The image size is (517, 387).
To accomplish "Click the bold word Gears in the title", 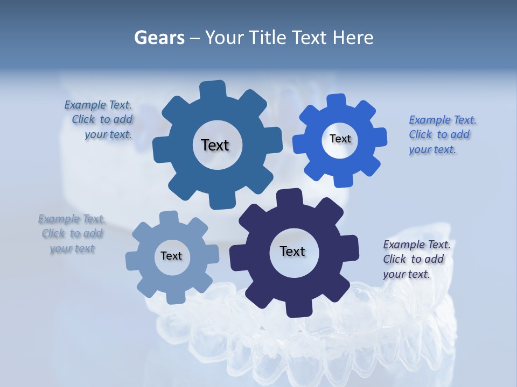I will click(159, 38).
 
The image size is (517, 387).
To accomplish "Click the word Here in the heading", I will click(353, 38).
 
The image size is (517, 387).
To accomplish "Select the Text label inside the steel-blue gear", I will click(215, 145).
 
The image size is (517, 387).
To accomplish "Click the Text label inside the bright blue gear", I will click(340, 139).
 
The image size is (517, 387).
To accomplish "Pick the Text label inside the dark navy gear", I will click(292, 251).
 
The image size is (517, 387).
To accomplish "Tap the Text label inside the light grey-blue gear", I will click(171, 256).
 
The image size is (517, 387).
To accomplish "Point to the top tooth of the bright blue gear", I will click(336, 102).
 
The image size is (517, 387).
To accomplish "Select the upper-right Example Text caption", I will click(441, 134).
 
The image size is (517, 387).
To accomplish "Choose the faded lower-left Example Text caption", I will click(72, 233).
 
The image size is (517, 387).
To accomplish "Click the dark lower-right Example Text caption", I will click(416, 259).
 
